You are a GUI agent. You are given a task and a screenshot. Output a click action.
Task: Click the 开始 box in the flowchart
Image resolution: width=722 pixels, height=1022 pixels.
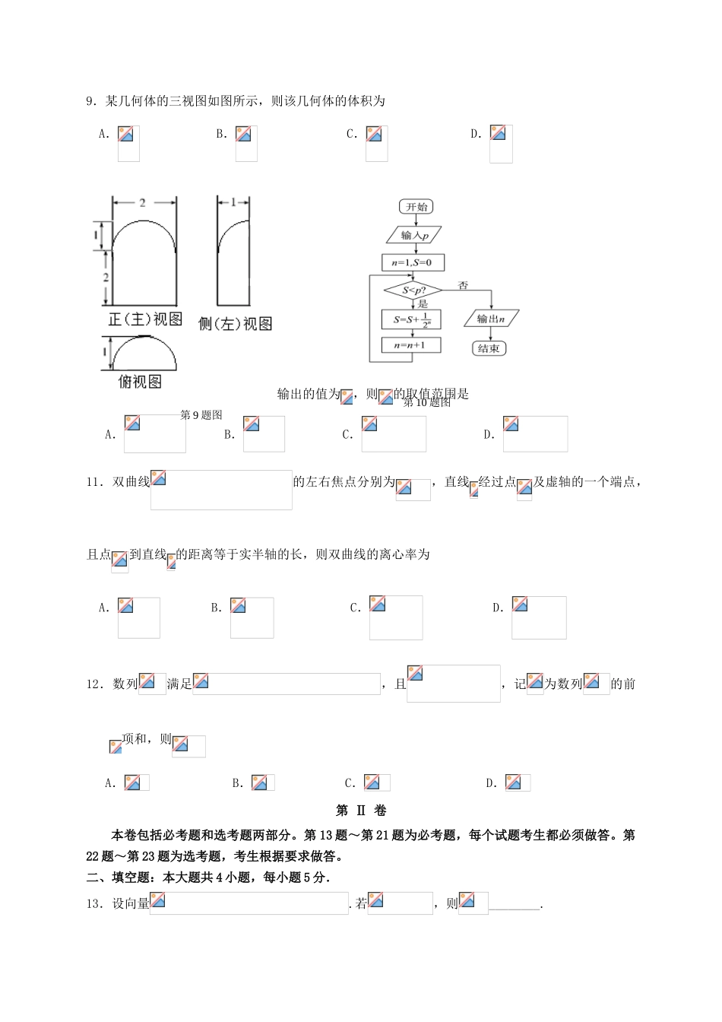[416, 207]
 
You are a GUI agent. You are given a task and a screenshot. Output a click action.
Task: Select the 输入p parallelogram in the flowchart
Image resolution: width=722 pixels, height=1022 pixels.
[413, 235]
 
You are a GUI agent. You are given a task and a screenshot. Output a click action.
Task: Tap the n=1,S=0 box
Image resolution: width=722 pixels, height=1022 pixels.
[412, 262]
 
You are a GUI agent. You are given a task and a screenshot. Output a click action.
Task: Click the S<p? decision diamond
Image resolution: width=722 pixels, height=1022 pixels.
[413, 290]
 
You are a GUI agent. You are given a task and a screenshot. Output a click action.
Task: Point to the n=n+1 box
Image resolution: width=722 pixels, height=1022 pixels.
[410, 345]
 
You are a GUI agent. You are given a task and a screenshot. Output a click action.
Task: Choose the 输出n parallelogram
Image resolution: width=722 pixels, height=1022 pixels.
[491, 319]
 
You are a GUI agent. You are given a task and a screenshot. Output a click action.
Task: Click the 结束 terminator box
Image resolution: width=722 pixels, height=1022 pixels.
[489, 348]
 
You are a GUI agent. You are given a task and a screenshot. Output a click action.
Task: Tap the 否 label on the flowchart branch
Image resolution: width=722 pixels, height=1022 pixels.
[463, 286]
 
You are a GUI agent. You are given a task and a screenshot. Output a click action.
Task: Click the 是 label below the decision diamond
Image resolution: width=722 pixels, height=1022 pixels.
[423, 304]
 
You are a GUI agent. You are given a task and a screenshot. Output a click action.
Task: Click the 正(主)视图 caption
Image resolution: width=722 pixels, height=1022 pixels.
[145, 319]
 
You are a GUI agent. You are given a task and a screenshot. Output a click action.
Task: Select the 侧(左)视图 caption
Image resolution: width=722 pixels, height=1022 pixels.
[235, 324]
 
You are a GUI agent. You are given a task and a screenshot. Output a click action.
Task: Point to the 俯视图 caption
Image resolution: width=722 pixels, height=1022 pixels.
[141, 382]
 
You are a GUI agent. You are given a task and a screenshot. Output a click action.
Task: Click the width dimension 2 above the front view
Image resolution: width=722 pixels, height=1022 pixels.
[143, 202]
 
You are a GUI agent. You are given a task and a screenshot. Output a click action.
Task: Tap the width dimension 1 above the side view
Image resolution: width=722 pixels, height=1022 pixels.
[233, 202]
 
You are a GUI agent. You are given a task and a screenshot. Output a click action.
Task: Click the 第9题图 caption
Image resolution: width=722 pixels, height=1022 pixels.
[201, 415]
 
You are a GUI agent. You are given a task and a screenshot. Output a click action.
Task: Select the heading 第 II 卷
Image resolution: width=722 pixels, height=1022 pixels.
[361, 811]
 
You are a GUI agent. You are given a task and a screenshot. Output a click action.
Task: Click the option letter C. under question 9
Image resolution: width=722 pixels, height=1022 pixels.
[351, 135]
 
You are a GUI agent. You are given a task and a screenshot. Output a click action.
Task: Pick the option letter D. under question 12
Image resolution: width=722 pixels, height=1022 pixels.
[491, 783]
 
